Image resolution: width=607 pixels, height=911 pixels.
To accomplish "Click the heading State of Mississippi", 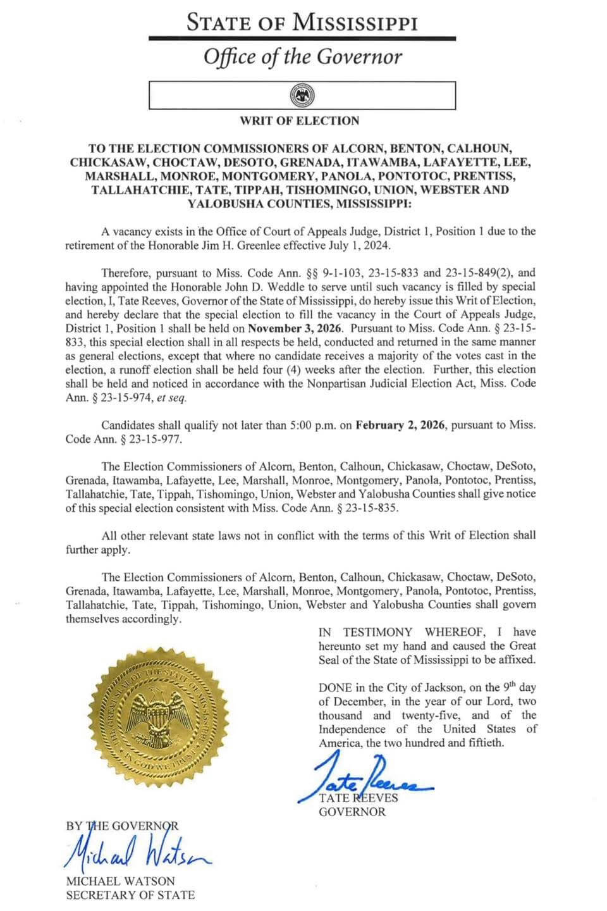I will point(302,23).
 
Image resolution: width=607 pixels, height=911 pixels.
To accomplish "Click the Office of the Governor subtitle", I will point(302,57).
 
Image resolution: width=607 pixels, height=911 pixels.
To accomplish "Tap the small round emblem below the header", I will point(302,96).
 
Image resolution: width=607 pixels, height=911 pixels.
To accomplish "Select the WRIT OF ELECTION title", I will point(300,121).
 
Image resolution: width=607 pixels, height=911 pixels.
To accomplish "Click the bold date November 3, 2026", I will point(295,328).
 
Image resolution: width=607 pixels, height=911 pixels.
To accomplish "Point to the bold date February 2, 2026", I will point(400,425).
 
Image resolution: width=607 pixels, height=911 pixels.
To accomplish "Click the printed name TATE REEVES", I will point(359,798).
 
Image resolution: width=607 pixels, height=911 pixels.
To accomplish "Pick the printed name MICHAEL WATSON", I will point(121,881).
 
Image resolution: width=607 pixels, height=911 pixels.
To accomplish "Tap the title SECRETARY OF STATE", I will point(130,895).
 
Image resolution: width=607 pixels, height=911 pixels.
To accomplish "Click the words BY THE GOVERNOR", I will point(122,826).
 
